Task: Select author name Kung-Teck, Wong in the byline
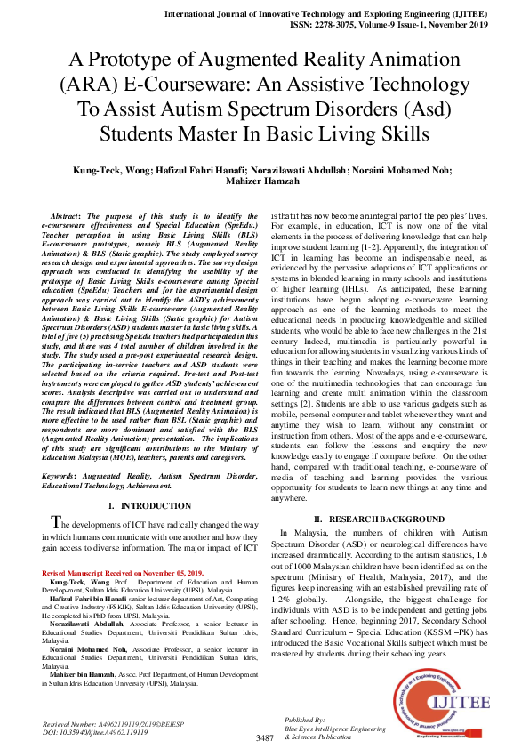(x=111, y=171)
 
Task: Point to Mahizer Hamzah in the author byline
(x=264, y=183)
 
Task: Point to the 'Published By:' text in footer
(x=305, y=718)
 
